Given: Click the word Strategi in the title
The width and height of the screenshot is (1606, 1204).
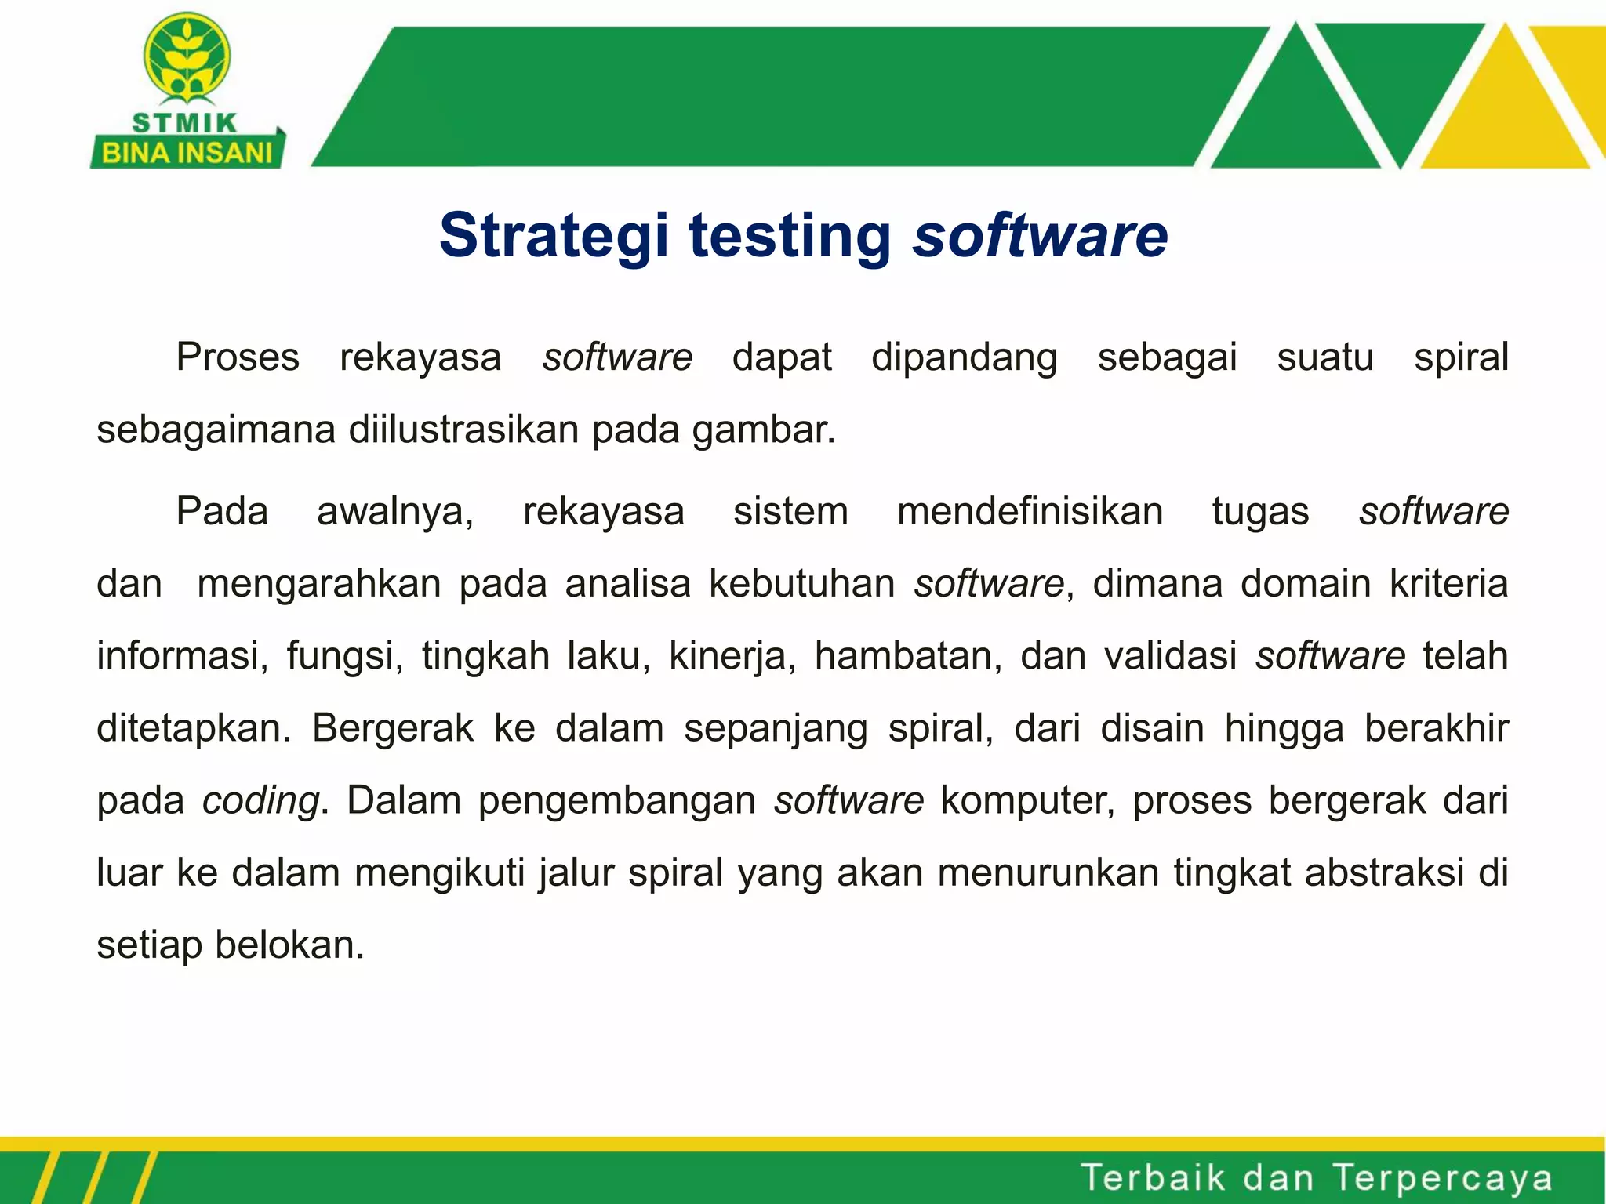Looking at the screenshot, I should pyautogui.click(x=554, y=235).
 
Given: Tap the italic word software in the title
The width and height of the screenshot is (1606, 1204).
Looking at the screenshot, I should pyautogui.click(x=1040, y=235).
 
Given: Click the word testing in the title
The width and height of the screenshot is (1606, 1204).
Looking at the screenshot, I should pyautogui.click(x=790, y=235).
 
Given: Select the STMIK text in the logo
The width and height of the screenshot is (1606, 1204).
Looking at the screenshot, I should pyautogui.click(x=185, y=123).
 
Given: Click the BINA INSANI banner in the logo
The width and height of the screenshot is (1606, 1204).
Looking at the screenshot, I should pyautogui.click(x=187, y=152).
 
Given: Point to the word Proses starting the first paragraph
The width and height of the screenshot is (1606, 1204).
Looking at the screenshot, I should pyautogui.click(x=238, y=357).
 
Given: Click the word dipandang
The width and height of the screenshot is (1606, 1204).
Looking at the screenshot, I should pyautogui.click(x=964, y=357).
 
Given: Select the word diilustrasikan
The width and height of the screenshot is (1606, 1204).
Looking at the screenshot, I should pyautogui.click(x=467, y=430).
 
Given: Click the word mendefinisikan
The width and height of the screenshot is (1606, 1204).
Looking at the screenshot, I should pyautogui.click(x=1030, y=511).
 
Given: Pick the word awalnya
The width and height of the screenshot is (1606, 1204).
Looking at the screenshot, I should pyautogui.click(x=395, y=511).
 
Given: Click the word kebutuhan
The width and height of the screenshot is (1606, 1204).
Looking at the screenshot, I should pyautogui.click(x=801, y=584).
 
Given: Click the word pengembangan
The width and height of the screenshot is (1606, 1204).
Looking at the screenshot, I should pyautogui.click(x=617, y=800).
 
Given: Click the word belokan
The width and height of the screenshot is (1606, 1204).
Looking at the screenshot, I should pyautogui.click(x=290, y=945).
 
